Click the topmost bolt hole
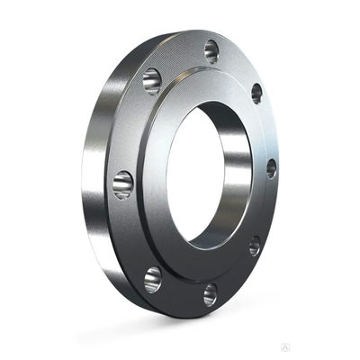211,50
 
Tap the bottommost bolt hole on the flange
210,294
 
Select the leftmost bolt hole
123,184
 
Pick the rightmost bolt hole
271,168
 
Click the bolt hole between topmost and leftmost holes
152,81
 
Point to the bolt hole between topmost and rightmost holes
256,93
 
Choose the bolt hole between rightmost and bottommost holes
255,246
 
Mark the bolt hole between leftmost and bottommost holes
153,279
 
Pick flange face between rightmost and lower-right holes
267,209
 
